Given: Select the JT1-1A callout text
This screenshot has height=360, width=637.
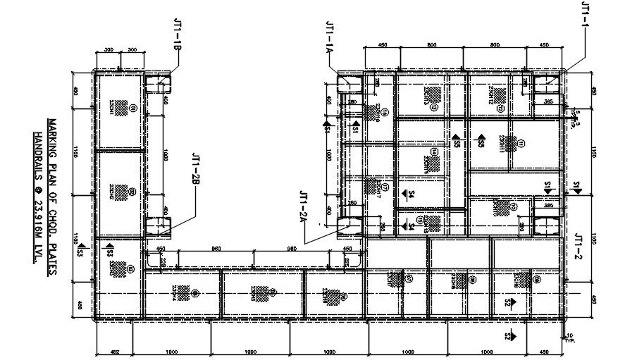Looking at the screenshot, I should [x=329, y=38].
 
